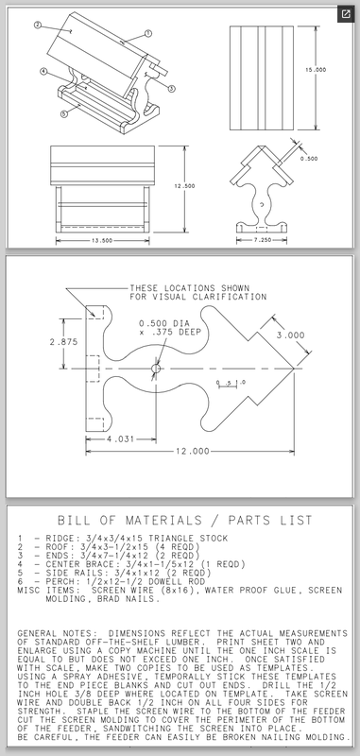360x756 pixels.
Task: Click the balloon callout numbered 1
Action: [148, 34]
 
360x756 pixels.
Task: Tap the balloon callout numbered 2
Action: [38, 26]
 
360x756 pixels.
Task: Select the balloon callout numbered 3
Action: [172, 88]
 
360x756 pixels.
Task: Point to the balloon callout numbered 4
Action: [43, 72]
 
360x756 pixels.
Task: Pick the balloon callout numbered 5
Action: [64, 114]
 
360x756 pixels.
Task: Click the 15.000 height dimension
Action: [316, 70]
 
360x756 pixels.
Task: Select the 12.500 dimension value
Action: [184, 186]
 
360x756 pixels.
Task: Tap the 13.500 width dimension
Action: [102, 240]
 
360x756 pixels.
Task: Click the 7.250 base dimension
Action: [262, 240]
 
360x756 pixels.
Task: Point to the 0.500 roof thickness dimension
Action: [309, 159]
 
